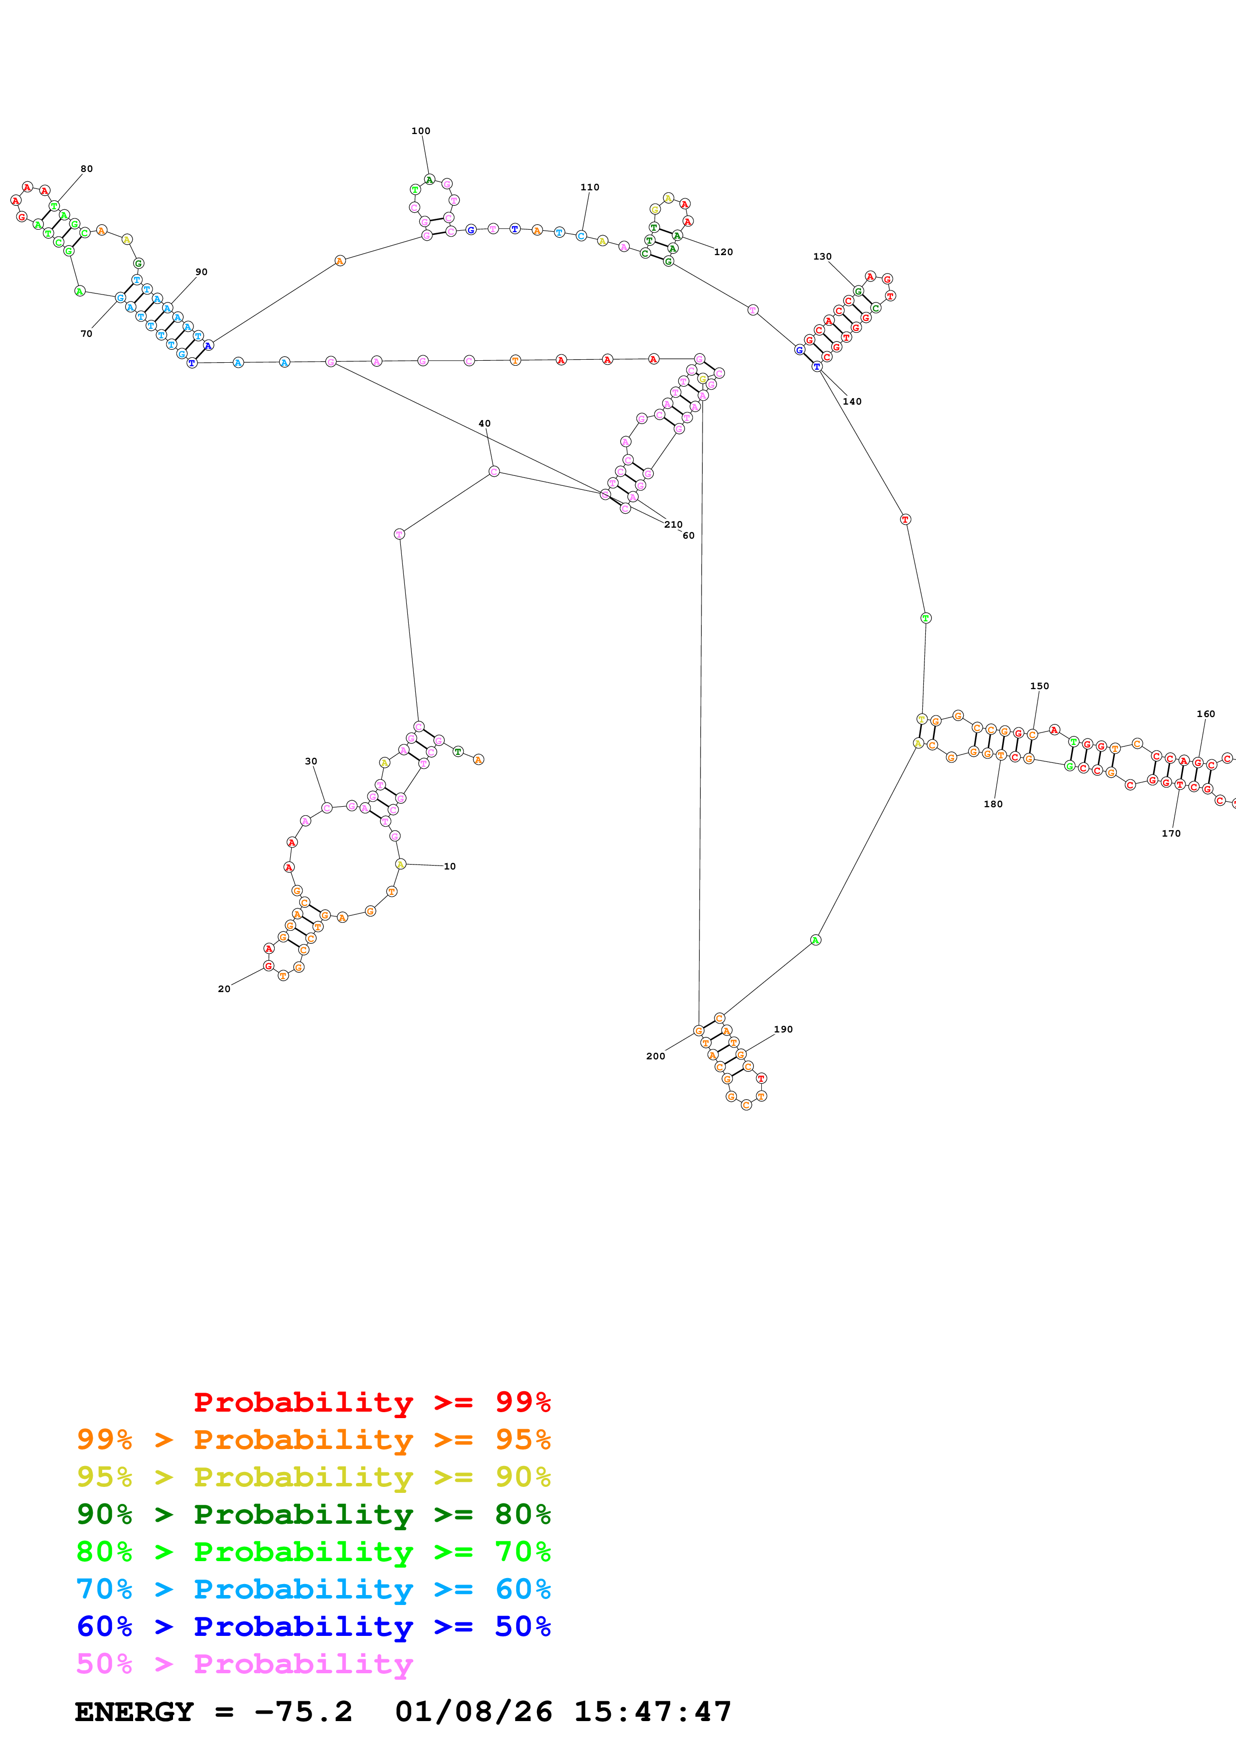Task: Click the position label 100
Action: pyautogui.click(x=420, y=131)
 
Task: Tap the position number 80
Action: pyautogui.click(x=87, y=169)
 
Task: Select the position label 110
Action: pyautogui.click(x=589, y=187)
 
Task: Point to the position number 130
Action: pyautogui.click(x=822, y=257)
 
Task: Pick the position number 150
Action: pyautogui.click(x=1039, y=686)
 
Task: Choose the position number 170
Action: pyautogui.click(x=1171, y=834)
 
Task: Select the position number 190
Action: pyautogui.click(x=783, y=1029)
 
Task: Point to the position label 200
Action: pyautogui.click(x=655, y=1056)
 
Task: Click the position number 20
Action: pyautogui.click(x=224, y=989)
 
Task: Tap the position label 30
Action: pyautogui.click(x=311, y=761)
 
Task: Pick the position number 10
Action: pyautogui.click(x=449, y=867)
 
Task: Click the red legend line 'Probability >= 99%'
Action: pyautogui.click(x=371, y=1402)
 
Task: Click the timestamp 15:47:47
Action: pyautogui.click(x=652, y=1712)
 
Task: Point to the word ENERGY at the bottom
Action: pyautogui.click(x=134, y=1712)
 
